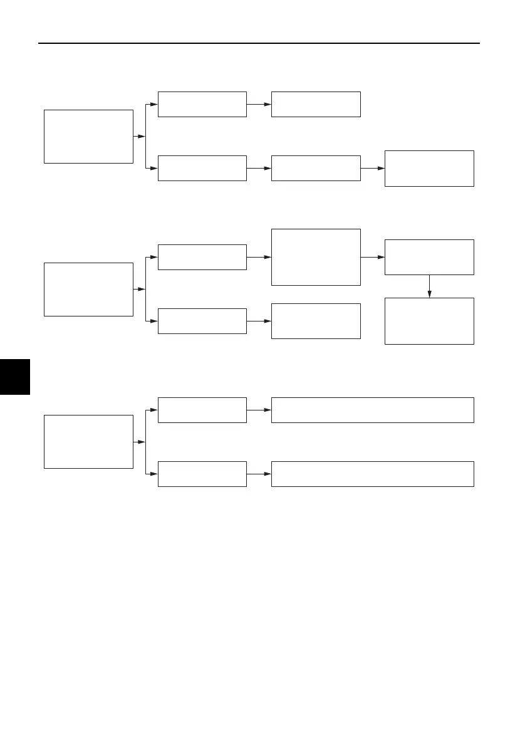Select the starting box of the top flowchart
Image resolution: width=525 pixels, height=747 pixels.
[88, 136]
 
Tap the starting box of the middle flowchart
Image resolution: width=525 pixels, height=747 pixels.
[88, 289]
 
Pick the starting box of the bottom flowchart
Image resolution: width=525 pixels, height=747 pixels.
[88, 441]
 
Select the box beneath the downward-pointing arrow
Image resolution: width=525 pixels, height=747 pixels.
[429, 321]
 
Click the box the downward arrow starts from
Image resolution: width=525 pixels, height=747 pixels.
[429, 257]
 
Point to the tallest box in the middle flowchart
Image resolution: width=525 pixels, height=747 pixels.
[316, 257]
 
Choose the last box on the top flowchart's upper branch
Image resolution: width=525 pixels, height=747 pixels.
[316, 104]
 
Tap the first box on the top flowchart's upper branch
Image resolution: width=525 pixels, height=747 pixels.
[202, 104]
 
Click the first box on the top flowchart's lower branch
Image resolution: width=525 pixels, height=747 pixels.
[202, 168]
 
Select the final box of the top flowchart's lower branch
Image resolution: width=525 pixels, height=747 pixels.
[429, 168]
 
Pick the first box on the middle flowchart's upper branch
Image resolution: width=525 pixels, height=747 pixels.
[202, 257]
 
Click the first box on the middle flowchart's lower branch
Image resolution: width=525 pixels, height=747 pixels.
[202, 321]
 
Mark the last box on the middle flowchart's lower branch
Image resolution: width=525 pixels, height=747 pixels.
[316, 321]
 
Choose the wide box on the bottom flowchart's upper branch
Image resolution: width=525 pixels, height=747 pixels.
[372, 410]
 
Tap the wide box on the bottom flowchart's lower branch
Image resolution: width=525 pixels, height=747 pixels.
[372, 474]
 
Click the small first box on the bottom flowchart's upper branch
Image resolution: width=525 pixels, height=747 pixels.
[202, 410]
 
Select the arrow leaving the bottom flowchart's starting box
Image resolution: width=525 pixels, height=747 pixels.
[139, 441]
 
